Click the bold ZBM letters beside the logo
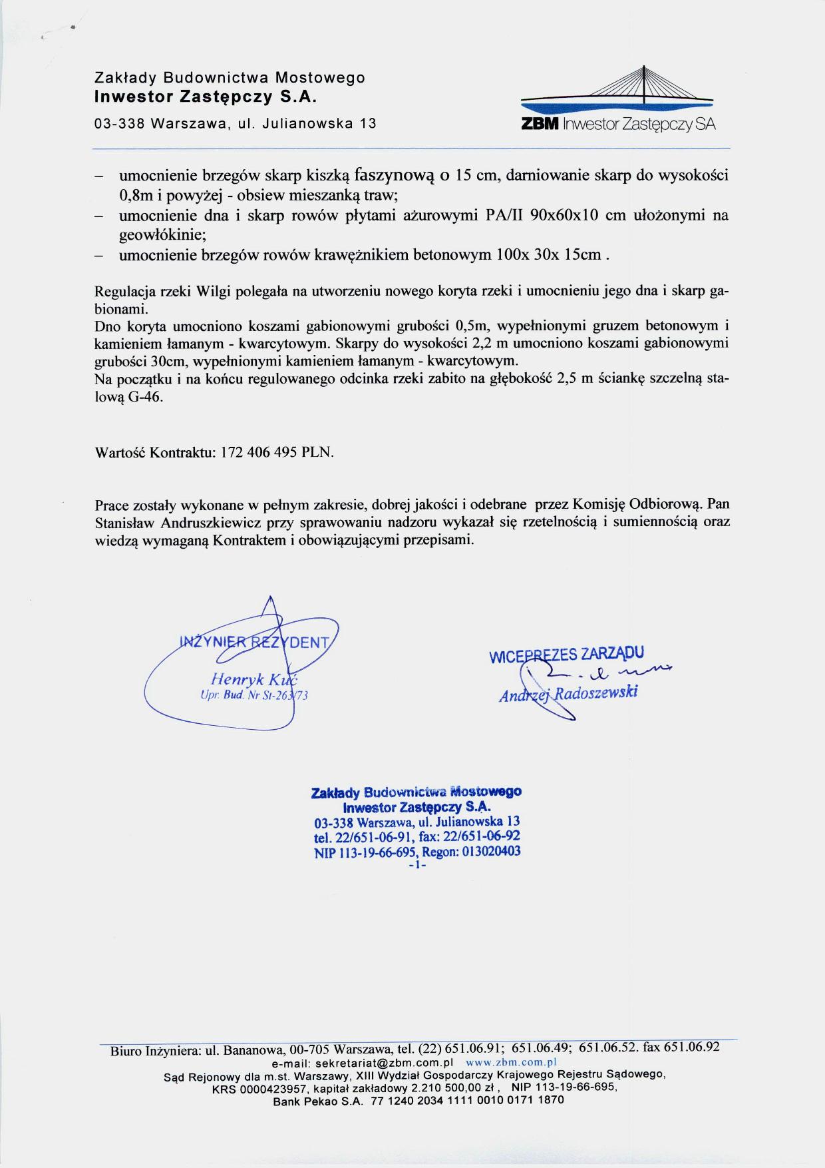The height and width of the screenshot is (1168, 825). point(542,125)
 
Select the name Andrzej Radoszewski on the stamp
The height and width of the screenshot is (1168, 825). point(569,693)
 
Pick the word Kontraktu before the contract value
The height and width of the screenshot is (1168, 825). point(182,453)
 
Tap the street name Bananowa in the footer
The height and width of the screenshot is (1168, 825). point(253,1050)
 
